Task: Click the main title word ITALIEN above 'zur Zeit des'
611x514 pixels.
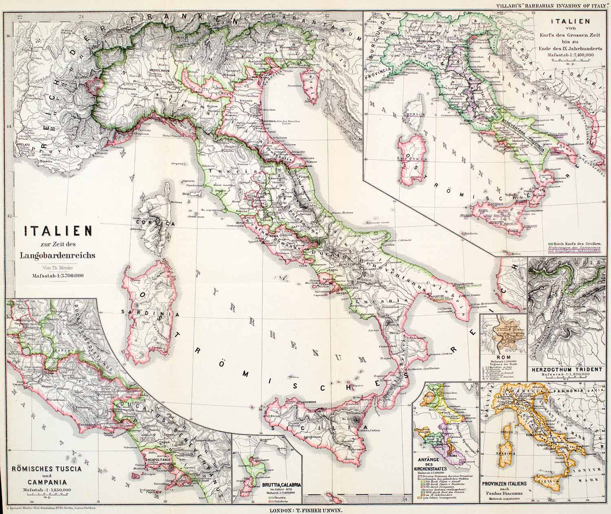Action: tap(59, 231)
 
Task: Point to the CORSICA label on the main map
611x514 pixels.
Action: tap(155, 222)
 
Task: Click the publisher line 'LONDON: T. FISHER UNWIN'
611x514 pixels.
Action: tap(309, 509)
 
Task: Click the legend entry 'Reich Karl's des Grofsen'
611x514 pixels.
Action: tap(578, 244)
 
